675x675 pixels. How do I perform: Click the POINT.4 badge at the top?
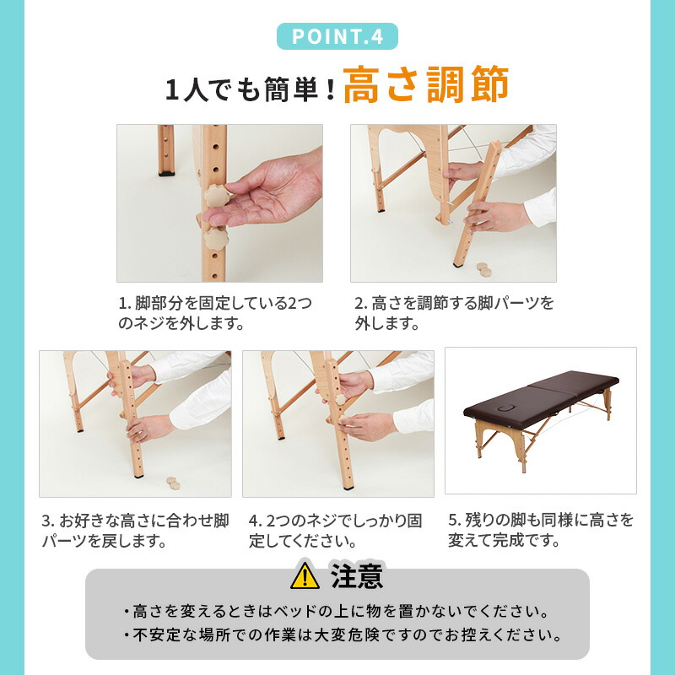(x=337, y=36)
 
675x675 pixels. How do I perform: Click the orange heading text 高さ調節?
(x=426, y=87)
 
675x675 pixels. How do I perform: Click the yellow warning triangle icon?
(x=305, y=576)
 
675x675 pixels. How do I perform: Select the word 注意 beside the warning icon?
(x=357, y=576)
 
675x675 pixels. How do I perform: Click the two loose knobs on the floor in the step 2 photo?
(x=483, y=268)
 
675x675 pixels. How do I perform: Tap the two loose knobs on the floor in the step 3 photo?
(x=175, y=483)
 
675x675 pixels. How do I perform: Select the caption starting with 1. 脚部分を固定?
(x=215, y=313)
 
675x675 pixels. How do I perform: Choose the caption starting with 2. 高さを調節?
(x=454, y=313)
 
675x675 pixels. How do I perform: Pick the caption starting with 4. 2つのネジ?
(x=335, y=530)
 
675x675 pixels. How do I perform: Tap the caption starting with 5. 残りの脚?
(x=540, y=530)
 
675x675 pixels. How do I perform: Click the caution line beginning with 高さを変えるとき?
(x=337, y=610)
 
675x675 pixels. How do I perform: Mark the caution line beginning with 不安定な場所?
(x=342, y=634)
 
